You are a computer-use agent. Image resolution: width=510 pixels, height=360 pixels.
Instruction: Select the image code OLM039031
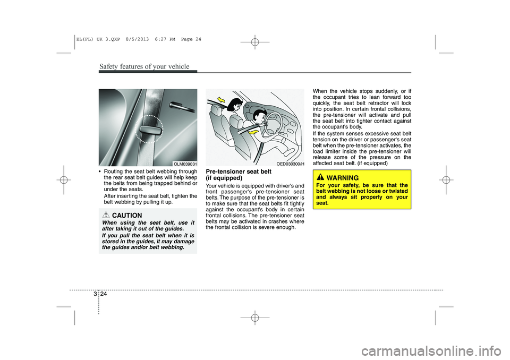tap(185, 164)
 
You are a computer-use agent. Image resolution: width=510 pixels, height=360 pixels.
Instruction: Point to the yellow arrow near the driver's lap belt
tap(256, 132)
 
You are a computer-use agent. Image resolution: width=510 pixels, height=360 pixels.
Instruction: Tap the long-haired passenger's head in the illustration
tap(233, 108)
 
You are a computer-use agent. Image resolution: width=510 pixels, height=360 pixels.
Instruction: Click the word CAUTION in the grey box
tap(131, 215)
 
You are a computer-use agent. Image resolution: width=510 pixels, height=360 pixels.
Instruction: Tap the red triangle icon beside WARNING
tap(321, 177)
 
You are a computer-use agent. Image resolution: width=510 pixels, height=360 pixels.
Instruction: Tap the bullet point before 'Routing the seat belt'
tap(101, 172)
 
